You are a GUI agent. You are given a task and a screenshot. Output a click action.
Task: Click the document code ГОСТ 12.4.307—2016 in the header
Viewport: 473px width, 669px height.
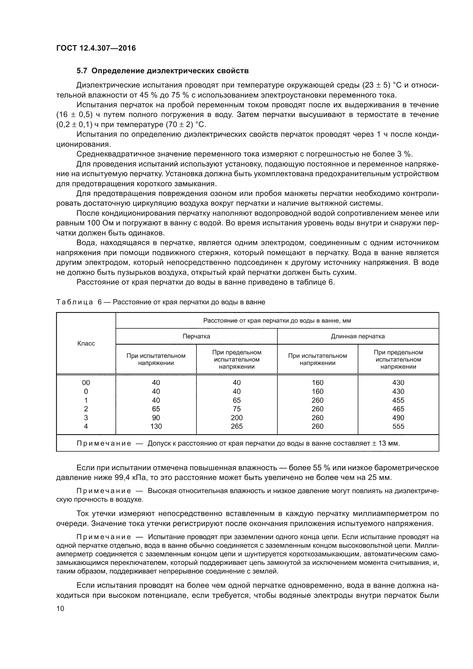tap(96, 48)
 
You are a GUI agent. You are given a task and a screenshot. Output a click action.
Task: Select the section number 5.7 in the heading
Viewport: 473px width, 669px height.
tap(82, 71)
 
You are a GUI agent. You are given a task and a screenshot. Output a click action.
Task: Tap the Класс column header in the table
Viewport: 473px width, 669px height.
tap(86, 343)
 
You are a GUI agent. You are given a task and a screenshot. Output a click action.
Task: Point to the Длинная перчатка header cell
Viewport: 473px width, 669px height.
tap(358, 336)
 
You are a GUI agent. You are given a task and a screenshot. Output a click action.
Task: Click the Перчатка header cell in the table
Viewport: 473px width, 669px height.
tap(196, 336)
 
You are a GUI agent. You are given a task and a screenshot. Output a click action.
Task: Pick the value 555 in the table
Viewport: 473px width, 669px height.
tap(398, 426)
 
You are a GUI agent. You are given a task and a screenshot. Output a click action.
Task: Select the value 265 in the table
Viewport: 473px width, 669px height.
tap(236, 426)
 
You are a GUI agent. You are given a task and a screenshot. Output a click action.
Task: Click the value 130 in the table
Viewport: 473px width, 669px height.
tap(156, 426)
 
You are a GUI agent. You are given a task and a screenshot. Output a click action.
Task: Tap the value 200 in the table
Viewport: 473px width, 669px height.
tap(236, 418)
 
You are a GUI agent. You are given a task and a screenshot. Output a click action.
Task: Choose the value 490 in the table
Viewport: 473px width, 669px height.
tap(398, 418)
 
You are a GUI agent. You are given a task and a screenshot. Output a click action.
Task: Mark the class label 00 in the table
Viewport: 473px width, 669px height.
tap(86, 383)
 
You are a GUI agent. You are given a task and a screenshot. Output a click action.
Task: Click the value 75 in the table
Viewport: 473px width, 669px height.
tap(236, 409)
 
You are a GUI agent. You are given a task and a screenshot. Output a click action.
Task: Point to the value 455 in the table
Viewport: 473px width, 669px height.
tap(398, 400)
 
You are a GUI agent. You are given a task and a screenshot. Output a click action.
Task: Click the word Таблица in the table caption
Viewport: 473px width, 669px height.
tap(75, 302)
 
